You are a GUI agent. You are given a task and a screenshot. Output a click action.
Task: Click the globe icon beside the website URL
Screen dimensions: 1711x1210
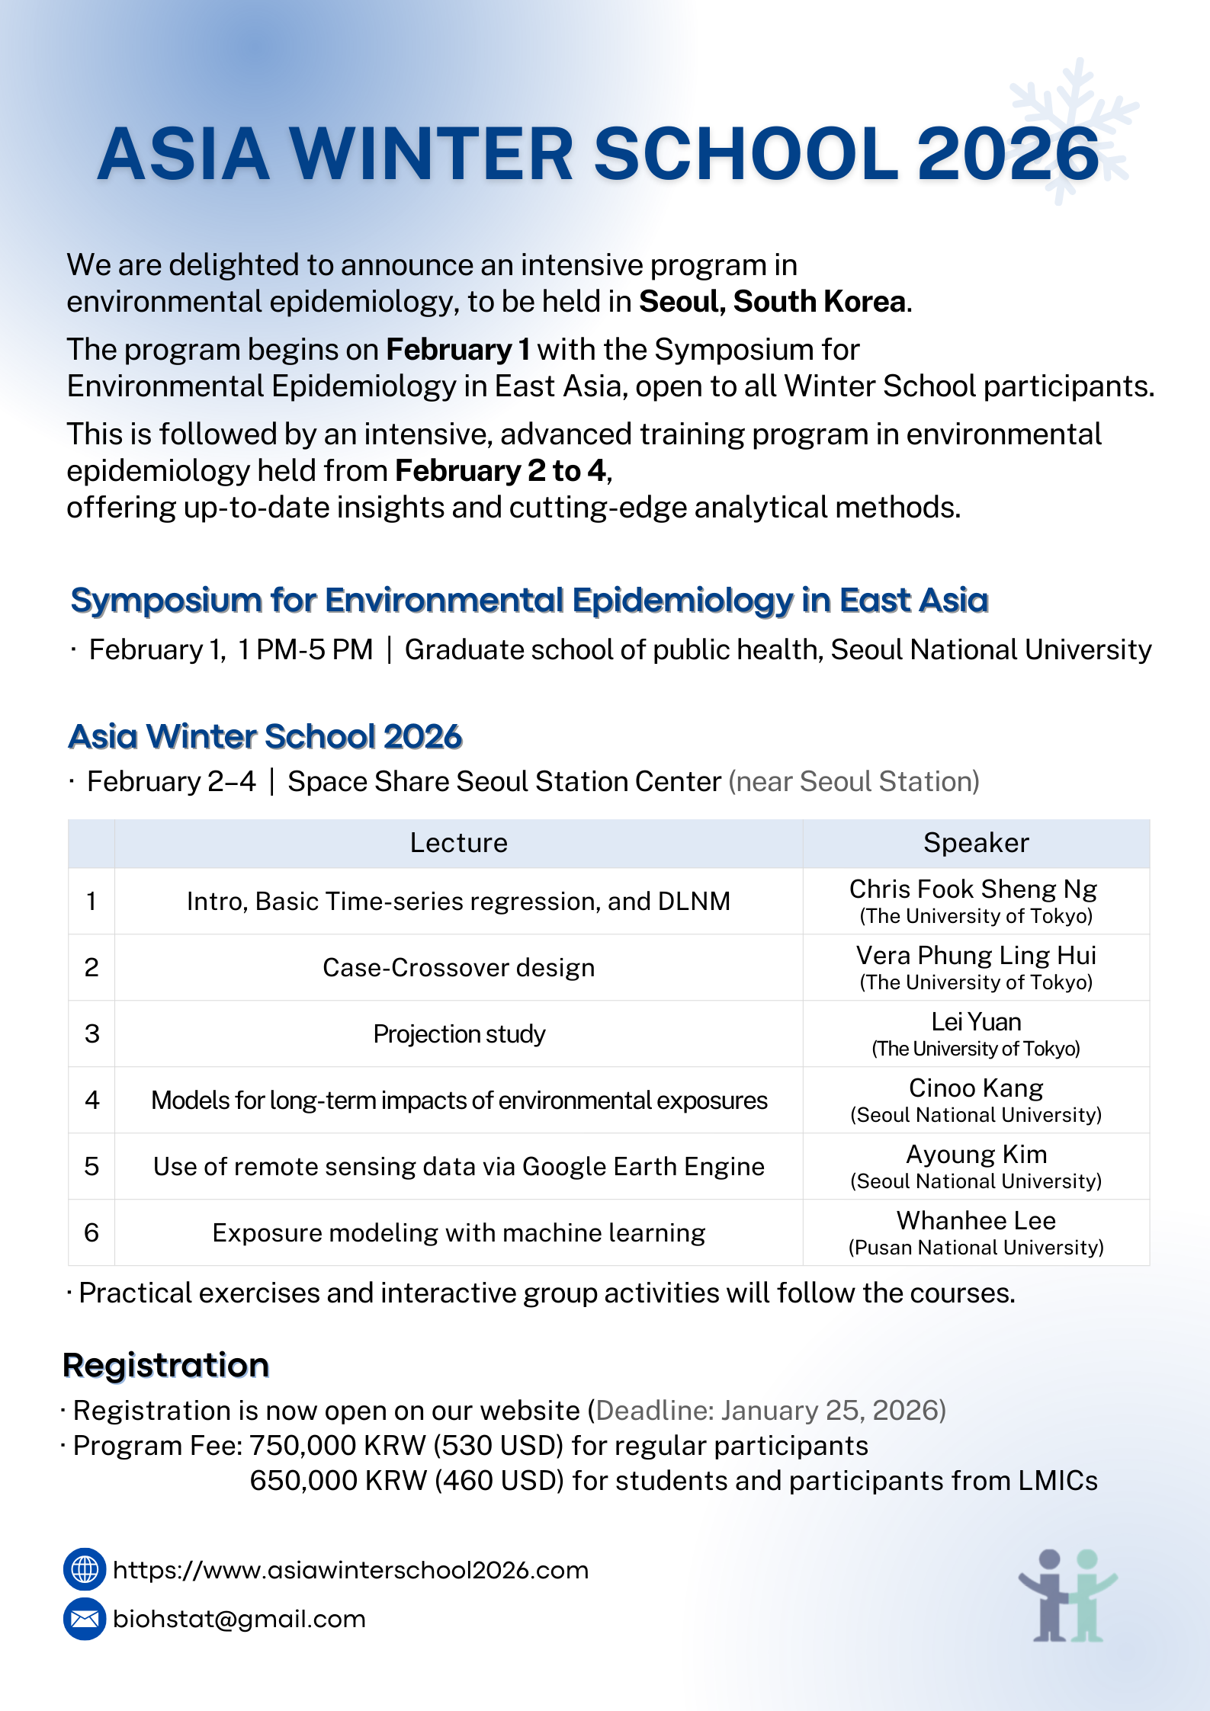pos(84,1569)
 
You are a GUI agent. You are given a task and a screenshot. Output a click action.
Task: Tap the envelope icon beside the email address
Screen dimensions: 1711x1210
pos(84,1619)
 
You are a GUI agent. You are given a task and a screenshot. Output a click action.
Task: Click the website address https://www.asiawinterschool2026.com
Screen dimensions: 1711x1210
pos(351,1570)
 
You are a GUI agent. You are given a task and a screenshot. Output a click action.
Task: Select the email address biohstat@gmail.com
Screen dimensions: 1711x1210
pos(239,1619)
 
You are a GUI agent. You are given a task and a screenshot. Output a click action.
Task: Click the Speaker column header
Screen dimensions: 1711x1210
pos(976,843)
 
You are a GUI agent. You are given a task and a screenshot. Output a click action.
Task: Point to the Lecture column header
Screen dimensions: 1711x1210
pos(458,843)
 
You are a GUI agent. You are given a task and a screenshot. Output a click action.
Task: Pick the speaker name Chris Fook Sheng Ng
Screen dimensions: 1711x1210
pos(973,889)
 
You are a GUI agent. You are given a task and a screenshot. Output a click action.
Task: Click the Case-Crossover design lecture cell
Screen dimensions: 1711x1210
pos(458,967)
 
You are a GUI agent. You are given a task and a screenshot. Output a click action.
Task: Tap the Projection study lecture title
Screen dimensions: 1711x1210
pos(459,1033)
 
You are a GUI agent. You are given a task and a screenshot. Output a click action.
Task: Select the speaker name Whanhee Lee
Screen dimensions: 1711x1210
pos(976,1221)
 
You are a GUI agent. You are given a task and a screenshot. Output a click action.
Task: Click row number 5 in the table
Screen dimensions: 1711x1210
pos(91,1166)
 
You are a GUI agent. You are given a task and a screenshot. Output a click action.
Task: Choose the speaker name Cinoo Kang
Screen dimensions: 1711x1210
pos(976,1088)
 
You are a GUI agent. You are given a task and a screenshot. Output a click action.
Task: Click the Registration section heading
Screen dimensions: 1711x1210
pos(166,1365)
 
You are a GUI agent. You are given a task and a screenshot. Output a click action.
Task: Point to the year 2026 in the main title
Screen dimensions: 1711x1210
pos(1008,155)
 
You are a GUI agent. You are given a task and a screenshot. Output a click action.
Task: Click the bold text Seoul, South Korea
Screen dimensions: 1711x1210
pos(772,302)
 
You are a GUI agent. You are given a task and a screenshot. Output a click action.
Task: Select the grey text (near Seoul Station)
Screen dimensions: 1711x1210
pos(854,781)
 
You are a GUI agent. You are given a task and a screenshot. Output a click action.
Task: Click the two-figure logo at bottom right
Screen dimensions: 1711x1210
pos(1067,1595)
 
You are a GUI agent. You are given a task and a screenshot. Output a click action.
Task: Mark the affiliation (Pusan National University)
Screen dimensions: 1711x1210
pos(976,1248)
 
